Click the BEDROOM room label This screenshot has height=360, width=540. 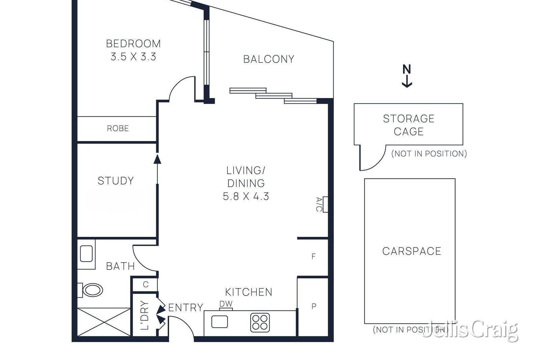pos(133,44)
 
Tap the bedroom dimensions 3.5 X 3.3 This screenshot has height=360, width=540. pos(133,57)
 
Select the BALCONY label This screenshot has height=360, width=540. pos(269,59)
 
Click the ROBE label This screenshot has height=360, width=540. pos(118,129)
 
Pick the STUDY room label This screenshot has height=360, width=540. pos(116,181)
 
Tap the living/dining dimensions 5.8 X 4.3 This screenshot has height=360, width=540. pos(246,196)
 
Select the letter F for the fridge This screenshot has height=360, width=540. pos(314,256)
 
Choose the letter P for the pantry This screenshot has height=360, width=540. pos(314,306)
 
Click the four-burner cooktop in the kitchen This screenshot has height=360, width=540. pos(260,323)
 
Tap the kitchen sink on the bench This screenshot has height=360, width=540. pos(220,322)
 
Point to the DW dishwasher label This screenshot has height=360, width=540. pos(226,304)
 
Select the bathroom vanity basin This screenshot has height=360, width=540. pos(86,253)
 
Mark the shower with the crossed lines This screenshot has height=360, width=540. pos(104,322)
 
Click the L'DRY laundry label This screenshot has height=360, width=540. pos(145,315)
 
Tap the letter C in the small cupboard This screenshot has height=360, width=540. pos(145,284)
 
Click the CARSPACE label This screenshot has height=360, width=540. pos(412,251)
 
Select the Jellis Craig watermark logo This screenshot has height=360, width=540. pos(470,330)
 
